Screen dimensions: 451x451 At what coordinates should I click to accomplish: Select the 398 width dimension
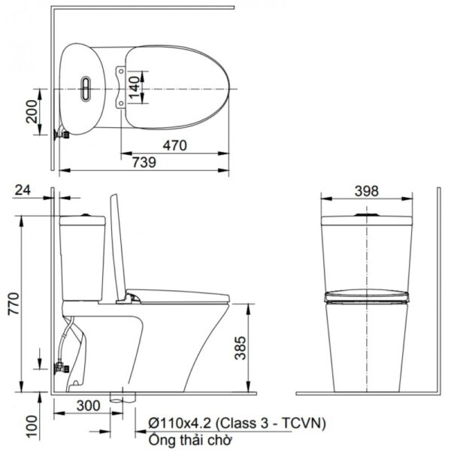(x=366, y=190)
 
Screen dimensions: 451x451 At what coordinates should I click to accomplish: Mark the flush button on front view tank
(x=366, y=214)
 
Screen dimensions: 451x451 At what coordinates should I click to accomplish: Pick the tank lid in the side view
(x=82, y=219)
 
